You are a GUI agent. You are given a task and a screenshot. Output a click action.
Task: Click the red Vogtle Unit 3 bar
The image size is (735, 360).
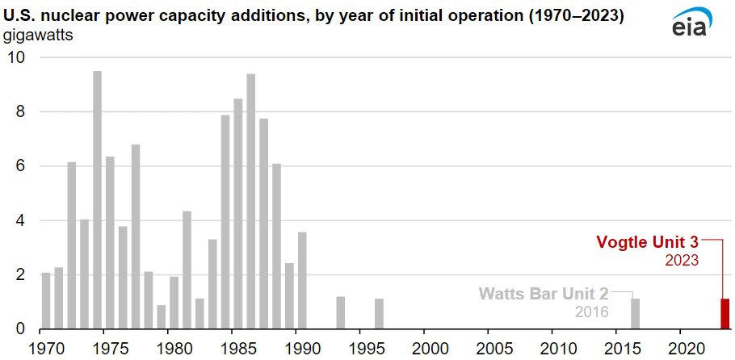(x=724, y=314)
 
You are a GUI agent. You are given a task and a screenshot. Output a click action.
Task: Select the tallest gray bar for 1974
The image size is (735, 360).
(x=97, y=200)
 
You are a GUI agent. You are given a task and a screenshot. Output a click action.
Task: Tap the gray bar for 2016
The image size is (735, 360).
(x=635, y=314)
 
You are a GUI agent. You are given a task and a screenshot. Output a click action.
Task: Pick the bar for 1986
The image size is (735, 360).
(x=250, y=202)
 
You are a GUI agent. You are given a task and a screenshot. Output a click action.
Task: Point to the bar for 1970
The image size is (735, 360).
(x=46, y=301)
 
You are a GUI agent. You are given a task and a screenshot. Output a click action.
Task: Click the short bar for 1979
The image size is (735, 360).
(x=162, y=317)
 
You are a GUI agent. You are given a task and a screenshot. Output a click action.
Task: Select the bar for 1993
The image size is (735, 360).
(x=341, y=312)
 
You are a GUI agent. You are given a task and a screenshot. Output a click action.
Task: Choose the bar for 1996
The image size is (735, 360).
(x=380, y=314)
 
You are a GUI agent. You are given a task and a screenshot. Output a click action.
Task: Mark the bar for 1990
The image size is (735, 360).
(x=302, y=280)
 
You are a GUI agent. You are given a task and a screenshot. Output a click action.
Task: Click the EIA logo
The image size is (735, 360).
(x=690, y=23)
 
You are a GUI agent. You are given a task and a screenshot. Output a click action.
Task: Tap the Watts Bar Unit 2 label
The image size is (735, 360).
(x=544, y=295)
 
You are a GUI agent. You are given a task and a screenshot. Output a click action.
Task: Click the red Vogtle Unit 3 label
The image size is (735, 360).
(x=647, y=242)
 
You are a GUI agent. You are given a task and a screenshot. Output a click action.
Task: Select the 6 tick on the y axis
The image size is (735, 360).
(x=19, y=166)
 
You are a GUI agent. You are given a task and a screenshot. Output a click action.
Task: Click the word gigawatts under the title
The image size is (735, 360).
(x=39, y=36)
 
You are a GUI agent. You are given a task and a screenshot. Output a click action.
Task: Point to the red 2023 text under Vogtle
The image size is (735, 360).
(x=681, y=260)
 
